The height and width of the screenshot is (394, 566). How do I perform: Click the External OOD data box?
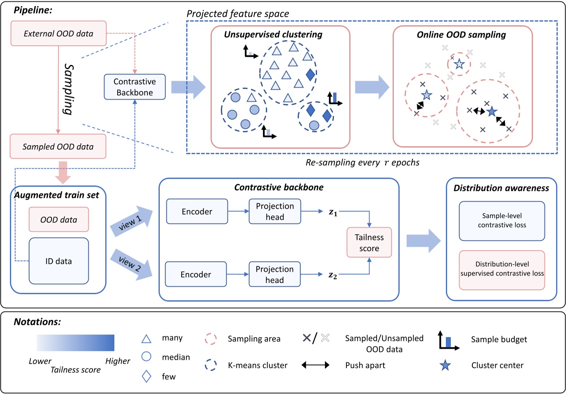58,33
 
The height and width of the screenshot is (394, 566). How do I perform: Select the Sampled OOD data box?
58,147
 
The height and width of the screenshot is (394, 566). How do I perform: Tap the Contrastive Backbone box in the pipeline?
135,87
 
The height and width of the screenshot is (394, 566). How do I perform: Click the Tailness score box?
369,242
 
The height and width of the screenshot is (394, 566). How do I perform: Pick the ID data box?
59,261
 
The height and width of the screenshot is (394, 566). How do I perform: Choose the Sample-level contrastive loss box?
502,221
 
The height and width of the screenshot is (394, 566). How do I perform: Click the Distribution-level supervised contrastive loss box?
502,269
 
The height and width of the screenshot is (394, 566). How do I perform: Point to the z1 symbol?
333,212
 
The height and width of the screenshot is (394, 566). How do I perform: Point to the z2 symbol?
333,275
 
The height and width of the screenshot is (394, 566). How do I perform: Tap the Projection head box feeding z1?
275,211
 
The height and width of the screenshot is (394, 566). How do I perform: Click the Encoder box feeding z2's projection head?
196,274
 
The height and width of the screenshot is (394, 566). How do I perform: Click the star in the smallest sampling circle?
459,64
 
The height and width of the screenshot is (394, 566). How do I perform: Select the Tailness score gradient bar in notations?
76,343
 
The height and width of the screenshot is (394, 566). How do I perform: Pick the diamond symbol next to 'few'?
146,376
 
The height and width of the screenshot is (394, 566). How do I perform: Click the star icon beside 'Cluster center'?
445,366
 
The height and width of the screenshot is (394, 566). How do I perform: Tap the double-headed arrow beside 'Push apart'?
315,365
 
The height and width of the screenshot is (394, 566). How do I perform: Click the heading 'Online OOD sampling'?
461,35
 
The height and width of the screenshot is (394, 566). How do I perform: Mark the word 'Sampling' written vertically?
69,89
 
